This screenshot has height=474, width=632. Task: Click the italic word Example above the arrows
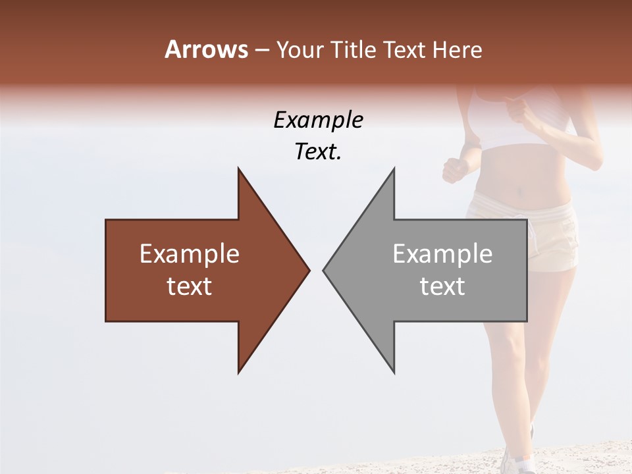point(318,120)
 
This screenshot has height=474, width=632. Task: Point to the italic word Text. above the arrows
point(318,151)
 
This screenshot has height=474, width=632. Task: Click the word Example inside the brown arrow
point(190,254)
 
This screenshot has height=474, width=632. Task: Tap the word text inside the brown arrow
point(190,286)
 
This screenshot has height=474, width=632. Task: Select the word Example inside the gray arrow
point(442,254)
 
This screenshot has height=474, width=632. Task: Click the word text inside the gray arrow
point(442,286)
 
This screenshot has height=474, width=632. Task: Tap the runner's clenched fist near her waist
point(455,170)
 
